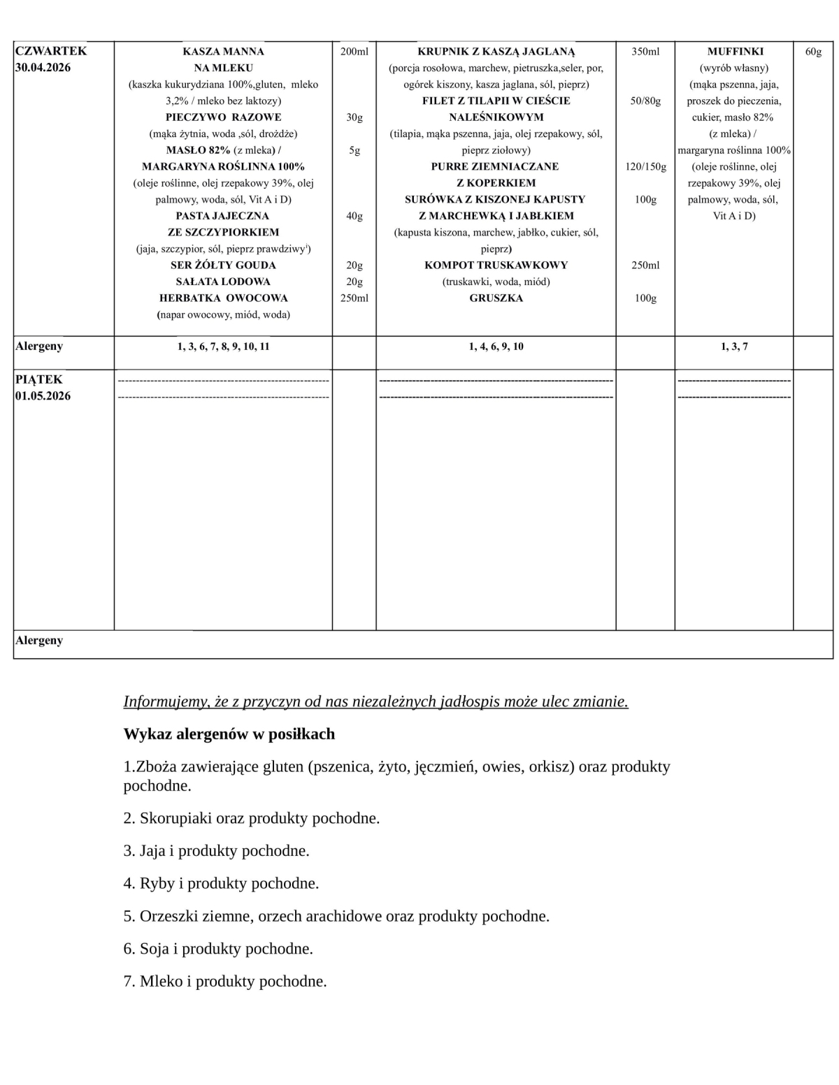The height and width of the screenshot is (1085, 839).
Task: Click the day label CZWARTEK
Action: (51, 51)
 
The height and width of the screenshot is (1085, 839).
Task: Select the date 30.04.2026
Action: (43, 68)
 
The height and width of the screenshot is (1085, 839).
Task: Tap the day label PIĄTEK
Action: (39, 379)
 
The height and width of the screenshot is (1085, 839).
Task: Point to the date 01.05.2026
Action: (43, 396)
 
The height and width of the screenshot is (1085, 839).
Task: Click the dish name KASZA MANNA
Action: (223, 52)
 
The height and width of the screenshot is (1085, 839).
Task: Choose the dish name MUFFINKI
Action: (735, 52)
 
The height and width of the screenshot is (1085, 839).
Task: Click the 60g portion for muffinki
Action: (813, 52)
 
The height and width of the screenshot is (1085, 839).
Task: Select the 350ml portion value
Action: (645, 52)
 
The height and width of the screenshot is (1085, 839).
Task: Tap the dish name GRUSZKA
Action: (496, 298)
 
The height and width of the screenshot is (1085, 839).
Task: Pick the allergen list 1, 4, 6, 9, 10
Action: (496, 347)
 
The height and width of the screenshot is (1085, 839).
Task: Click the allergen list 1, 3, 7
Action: (734, 347)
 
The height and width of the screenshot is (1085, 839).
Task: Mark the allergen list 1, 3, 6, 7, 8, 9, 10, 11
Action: (223, 347)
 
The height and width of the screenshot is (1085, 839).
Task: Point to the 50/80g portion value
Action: (645, 101)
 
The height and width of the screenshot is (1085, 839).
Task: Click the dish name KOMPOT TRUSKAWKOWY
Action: (496, 265)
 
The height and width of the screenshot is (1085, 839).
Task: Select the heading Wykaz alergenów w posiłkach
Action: (229, 734)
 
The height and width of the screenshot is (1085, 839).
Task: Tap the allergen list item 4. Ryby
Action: (221, 884)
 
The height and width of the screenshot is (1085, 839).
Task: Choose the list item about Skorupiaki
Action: (252, 818)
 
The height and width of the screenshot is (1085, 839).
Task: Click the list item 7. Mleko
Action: (225, 982)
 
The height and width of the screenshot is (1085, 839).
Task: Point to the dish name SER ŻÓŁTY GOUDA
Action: (223, 265)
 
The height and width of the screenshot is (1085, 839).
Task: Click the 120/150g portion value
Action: (645, 167)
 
